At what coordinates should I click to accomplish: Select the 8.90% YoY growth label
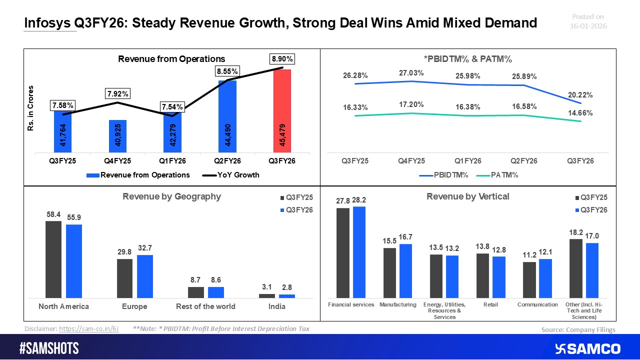pyautogui.click(x=282, y=59)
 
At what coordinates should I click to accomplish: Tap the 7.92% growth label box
pyautogui.click(x=117, y=93)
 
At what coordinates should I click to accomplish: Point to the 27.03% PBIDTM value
pyautogui.click(x=411, y=73)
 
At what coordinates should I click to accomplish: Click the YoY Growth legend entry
pyautogui.click(x=231, y=175)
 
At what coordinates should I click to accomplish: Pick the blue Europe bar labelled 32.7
pyautogui.click(x=145, y=276)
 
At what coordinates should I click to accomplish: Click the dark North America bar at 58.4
pyautogui.click(x=53, y=259)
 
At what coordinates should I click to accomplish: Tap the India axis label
pyautogui.click(x=276, y=306)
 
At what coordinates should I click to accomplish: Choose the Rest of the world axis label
pyautogui.click(x=205, y=306)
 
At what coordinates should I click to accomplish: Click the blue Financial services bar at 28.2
pyautogui.click(x=359, y=252)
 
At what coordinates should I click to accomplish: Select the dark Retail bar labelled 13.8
pyautogui.click(x=482, y=275)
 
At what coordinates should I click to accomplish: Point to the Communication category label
pyautogui.click(x=537, y=304)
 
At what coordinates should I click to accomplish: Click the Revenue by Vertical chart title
pyautogui.click(x=467, y=196)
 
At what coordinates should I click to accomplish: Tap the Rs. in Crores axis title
pyautogui.click(x=31, y=108)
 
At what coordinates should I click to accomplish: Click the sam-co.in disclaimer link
pyautogui.click(x=88, y=329)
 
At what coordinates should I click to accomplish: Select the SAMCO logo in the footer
pyautogui.click(x=587, y=348)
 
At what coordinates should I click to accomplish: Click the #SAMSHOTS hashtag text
pyautogui.click(x=49, y=348)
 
